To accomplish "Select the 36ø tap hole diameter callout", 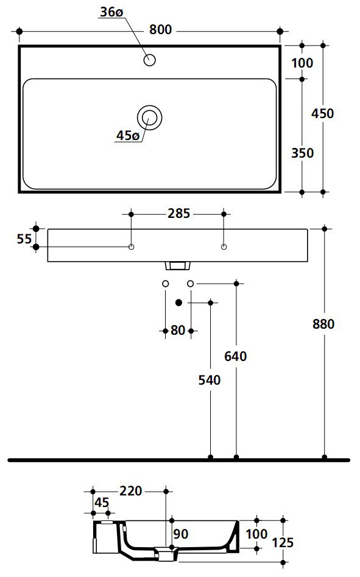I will (111, 12).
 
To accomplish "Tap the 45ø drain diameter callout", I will (127, 136).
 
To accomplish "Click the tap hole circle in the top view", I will (150, 60).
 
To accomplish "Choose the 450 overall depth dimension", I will (322, 113).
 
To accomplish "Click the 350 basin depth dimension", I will (302, 153).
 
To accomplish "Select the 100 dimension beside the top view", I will (302, 63).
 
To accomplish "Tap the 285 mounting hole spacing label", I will (178, 213).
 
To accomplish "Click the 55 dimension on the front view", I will (24, 239).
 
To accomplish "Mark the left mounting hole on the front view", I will (131, 247).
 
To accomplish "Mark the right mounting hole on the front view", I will (224, 247).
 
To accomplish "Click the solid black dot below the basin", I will (178, 302).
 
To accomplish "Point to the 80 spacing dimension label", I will (178, 330).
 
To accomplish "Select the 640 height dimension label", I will (236, 357).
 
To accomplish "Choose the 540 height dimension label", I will (210, 380).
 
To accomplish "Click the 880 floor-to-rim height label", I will (323, 324).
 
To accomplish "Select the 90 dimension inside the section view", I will (181, 534).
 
